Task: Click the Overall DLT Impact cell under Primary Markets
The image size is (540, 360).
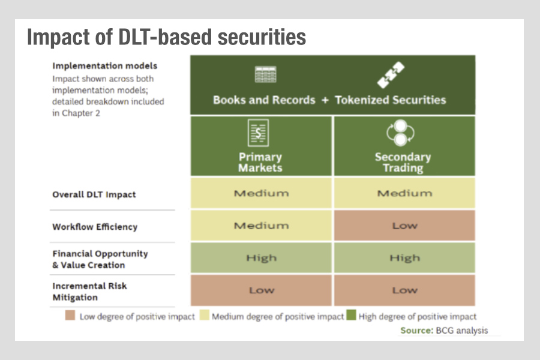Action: coord(261,193)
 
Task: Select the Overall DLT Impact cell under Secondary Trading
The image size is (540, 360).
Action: coord(404,193)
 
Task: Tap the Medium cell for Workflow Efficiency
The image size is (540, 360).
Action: coord(261,226)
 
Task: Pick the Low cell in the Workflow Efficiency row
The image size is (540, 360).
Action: coord(404,226)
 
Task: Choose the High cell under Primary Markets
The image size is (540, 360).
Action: coord(261,257)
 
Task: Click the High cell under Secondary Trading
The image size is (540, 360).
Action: coord(404,257)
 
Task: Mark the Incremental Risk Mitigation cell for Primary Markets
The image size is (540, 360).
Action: coord(261,290)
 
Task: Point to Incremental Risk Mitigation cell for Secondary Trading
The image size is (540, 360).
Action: coord(404,290)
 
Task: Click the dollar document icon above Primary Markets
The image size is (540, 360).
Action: coord(258,133)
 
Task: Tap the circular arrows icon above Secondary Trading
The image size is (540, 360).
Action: coord(400,133)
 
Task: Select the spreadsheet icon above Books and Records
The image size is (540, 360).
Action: coord(266,74)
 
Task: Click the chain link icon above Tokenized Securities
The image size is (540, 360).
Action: coord(391,75)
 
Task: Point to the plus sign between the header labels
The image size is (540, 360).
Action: coord(325,100)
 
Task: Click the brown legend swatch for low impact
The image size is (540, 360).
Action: coord(70,315)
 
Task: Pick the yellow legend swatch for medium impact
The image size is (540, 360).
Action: coord(205,315)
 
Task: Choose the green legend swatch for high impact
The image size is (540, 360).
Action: coord(351,315)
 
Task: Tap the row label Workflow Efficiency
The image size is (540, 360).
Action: coord(95,227)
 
